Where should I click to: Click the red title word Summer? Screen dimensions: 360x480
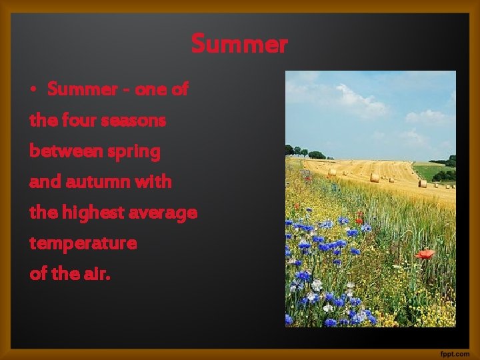point(239,44)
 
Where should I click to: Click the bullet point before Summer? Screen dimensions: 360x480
point(33,90)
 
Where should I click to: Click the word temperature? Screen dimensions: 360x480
point(83,243)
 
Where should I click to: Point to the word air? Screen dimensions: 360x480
point(97,273)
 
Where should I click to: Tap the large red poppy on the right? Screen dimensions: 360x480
point(424,254)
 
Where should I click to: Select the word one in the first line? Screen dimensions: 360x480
point(150,90)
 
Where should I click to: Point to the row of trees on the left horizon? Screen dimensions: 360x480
point(307,153)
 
